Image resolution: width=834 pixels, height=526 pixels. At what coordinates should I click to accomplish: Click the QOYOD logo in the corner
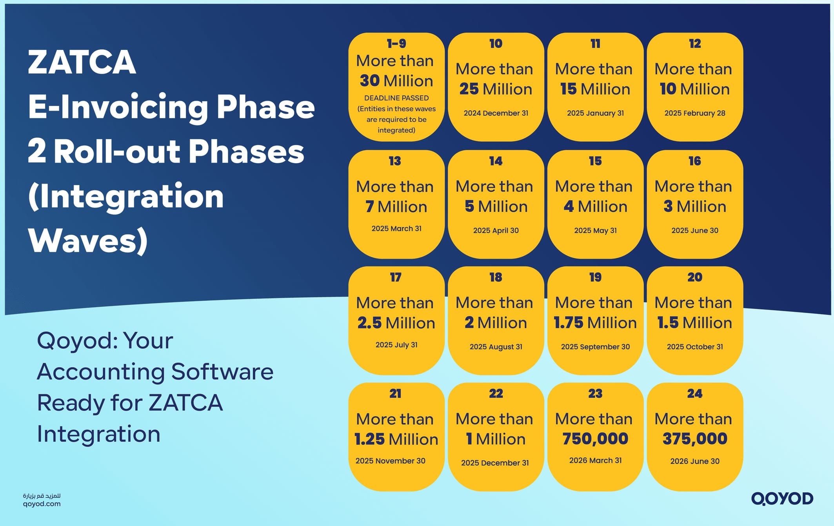(x=782, y=499)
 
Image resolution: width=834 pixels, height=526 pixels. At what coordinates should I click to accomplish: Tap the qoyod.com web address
(x=42, y=504)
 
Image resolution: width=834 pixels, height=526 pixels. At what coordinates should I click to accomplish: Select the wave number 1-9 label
(x=396, y=44)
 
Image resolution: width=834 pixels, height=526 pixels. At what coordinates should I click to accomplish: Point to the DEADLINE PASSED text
(x=396, y=98)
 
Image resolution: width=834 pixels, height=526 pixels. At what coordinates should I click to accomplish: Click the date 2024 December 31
(x=496, y=113)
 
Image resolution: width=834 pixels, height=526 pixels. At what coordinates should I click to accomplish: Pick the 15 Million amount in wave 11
(x=595, y=89)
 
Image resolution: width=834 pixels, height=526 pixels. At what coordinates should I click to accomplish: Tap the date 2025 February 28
(x=694, y=113)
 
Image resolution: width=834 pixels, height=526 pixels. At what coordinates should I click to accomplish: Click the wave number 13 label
(x=395, y=161)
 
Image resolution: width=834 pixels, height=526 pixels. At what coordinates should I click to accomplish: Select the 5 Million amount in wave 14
(x=496, y=206)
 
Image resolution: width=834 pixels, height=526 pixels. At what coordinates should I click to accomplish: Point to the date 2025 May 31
(x=595, y=231)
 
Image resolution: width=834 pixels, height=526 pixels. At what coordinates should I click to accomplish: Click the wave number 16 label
(x=694, y=161)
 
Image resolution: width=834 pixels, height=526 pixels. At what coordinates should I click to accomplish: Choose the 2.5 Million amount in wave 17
(x=396, y=323)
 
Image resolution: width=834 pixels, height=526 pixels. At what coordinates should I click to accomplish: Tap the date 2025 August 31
(x=496, y=347)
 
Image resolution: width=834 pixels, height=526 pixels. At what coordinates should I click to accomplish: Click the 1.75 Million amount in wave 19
(x=595, y=323)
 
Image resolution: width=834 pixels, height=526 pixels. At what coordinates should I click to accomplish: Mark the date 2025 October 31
(x=694, y=347)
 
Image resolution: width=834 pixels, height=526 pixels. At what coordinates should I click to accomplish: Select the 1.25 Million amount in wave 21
(x=396, y=439)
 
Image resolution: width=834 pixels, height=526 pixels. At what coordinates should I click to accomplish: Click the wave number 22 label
(x=496, y=393)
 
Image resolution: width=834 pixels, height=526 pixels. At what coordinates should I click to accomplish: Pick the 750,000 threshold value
(x=595, y=439)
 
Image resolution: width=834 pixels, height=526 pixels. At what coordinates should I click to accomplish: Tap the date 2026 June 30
(x=694, y=461)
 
